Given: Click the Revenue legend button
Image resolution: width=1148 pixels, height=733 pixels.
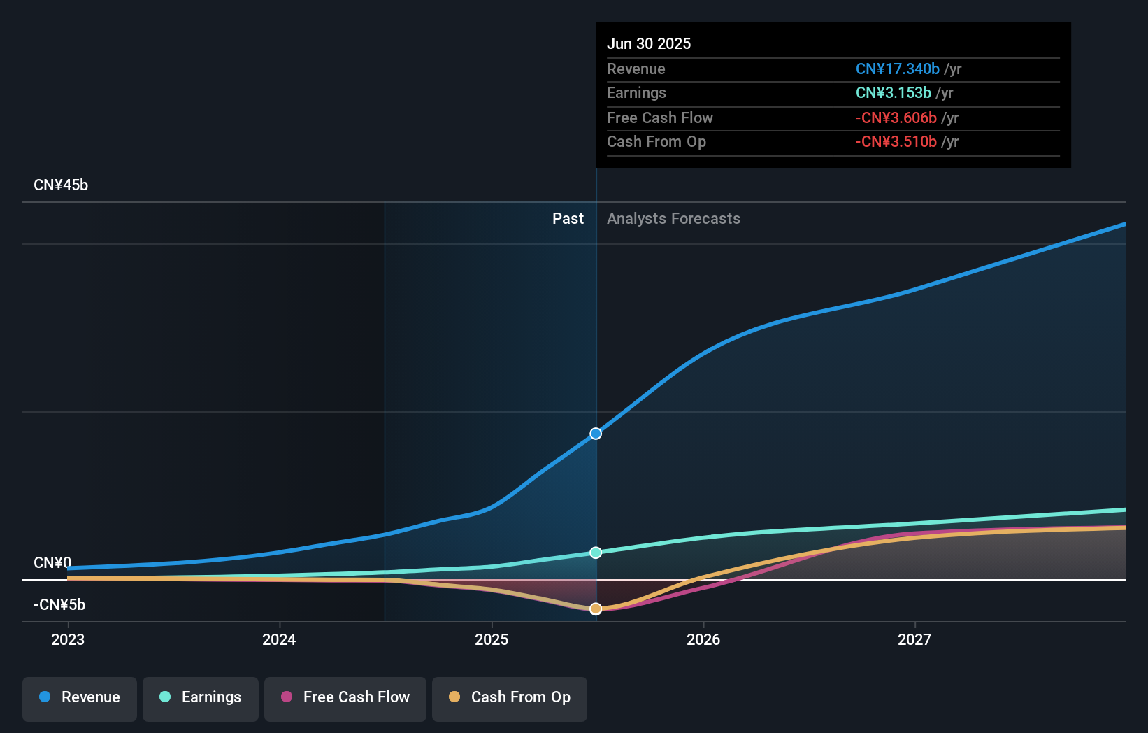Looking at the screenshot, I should pyautogui.click(x=80, y=697).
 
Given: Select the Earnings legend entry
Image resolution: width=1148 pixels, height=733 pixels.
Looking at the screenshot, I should pyautogui.click(x=201, y=697).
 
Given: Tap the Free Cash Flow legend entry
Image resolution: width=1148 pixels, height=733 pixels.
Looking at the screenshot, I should pyautogui.click(x=345, y=697).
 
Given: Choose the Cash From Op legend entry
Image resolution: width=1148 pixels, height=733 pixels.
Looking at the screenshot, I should pyautogui.click(x=510, y=697).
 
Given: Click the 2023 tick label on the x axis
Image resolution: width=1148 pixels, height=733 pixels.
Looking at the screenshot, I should pyautogui.click(x=68, y=639).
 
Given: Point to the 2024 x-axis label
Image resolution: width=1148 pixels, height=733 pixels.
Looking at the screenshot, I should pyautogui.click(x=279, y=639).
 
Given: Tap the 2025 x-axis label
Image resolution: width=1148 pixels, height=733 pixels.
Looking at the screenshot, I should pyautogui.click(x=492, y=639).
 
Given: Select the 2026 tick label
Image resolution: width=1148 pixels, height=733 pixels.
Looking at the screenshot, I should pyautogui.click(x=703, y=639).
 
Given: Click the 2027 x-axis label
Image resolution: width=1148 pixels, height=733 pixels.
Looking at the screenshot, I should pyautogui.click(x=914, y=639).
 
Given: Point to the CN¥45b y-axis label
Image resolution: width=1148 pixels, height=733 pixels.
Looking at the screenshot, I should pyautogui.click(x=61, y=185).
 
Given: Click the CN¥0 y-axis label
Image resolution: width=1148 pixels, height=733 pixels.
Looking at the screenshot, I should pyautogui.click(x=52, y=563).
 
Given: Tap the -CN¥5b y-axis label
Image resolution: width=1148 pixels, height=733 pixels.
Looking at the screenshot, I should pyautogui.click(x=59, y=605).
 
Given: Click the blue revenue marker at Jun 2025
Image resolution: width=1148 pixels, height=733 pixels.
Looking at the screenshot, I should pyautogui.click(x=596, y=434).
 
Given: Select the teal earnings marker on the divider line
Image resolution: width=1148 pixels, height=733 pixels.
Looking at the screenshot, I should pyautogui.click(x=596, y=553).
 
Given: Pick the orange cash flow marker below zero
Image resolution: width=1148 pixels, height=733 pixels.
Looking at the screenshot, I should pyautogui.click(x=596, y=609).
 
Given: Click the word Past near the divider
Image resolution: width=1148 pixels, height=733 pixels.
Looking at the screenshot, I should pyautogui.click(x=568, y=219).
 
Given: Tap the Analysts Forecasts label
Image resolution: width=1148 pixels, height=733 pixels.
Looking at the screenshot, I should pyautogui.click(x=673, y=219).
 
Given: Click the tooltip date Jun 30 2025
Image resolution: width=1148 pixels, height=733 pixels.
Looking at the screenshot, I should pyautogui.click(x=649, y=44).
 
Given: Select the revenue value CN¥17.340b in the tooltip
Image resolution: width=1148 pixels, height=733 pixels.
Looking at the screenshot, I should pyautogui.click(x=897, y=69).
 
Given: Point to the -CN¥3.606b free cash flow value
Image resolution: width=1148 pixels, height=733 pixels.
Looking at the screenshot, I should pyautogui.click(x=896, y=118).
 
